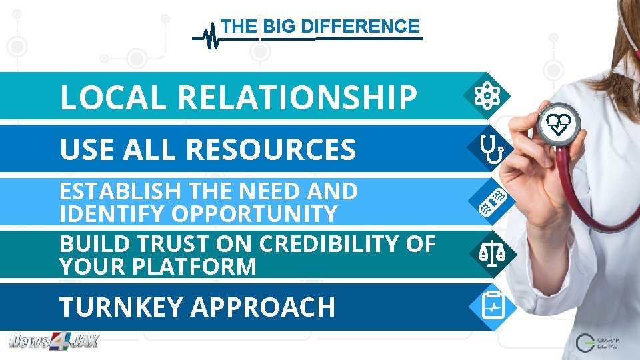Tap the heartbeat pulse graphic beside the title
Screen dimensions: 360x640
[211, 36]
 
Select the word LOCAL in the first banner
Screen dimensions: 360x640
[113, 97]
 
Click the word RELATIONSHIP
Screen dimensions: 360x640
[297, 97]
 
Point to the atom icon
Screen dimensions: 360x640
[488, 97]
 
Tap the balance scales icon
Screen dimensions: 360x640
[491, 254]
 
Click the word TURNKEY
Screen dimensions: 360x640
[121, 307]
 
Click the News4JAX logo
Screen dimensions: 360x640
[53, 342]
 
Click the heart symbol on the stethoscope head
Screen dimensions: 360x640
[559, 123]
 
